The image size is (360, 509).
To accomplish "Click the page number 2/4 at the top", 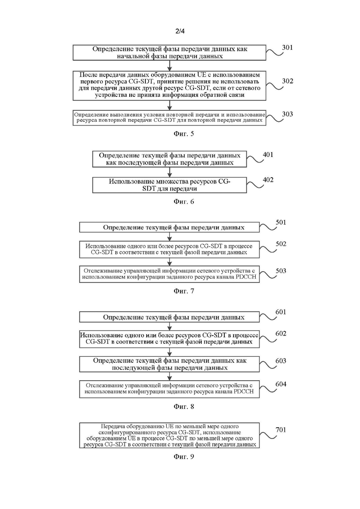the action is coord(180,31).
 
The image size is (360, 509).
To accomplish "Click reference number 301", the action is coord(287,48).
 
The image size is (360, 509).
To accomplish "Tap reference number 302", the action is coord(288,81).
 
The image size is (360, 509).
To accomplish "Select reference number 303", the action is coord(287,114).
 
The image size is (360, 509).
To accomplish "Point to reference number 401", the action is coord(268,155).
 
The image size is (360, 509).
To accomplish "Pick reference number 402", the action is coord(268,180).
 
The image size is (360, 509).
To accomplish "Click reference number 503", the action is coord(281,271).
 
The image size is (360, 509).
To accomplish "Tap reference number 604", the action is coord(281,384).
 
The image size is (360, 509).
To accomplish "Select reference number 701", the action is coord(281,430).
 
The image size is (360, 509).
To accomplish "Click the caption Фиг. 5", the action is coord(184,134).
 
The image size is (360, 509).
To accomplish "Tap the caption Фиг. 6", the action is coord(184,202).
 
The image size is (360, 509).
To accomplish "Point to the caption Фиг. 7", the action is coord(184,291).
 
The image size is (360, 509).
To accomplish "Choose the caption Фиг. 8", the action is coord(184,407).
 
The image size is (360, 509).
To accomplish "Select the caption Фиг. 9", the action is coord(184,457).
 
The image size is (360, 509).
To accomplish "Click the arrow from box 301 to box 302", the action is coord(169,66).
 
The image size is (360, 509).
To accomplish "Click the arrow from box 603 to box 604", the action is coord(169,376).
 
